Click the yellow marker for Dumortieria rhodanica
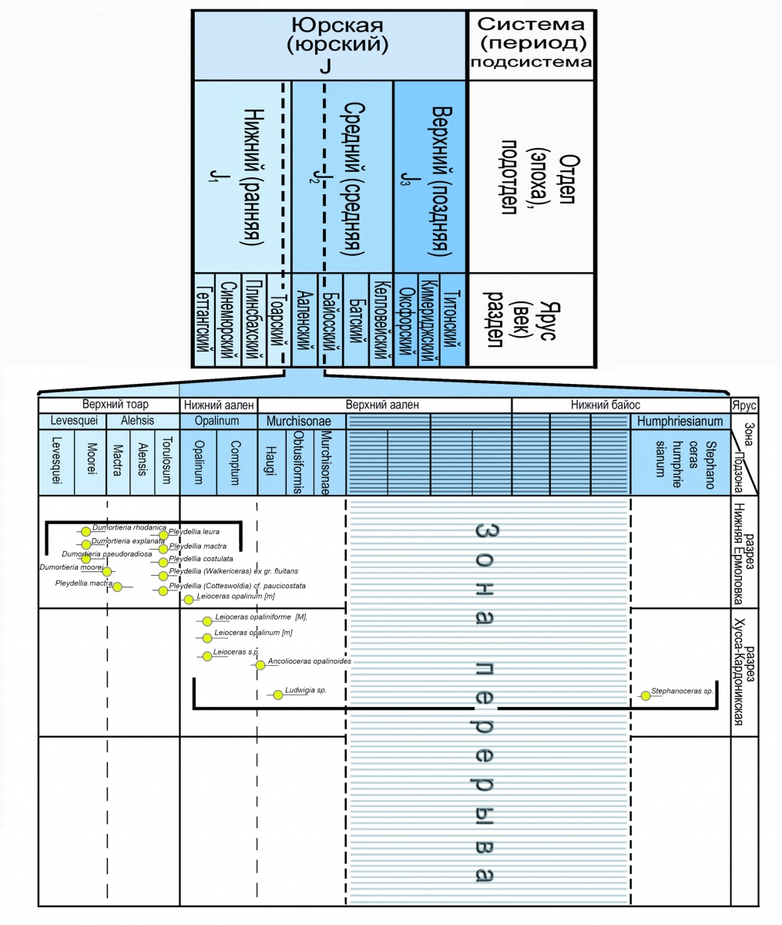[86, 530]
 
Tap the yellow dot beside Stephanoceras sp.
[645, 696]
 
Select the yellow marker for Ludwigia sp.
[277, 695]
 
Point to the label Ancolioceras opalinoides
[309, 661]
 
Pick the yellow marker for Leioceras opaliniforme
[206, 621]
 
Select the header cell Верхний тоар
[116, 405]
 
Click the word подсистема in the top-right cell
[532, 62]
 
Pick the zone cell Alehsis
[138, 422]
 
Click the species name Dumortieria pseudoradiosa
[106, 554]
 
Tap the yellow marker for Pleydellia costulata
[163, 561]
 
